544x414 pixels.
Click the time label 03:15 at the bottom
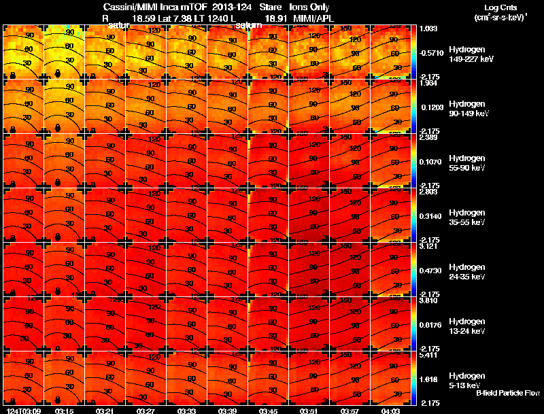[65, 411]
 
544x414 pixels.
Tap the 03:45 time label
[269, 411]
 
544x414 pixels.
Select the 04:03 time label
[391, 411]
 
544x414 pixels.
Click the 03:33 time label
[187, 411]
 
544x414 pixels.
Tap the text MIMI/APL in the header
[313, 18]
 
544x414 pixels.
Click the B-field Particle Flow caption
[507, 393]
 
